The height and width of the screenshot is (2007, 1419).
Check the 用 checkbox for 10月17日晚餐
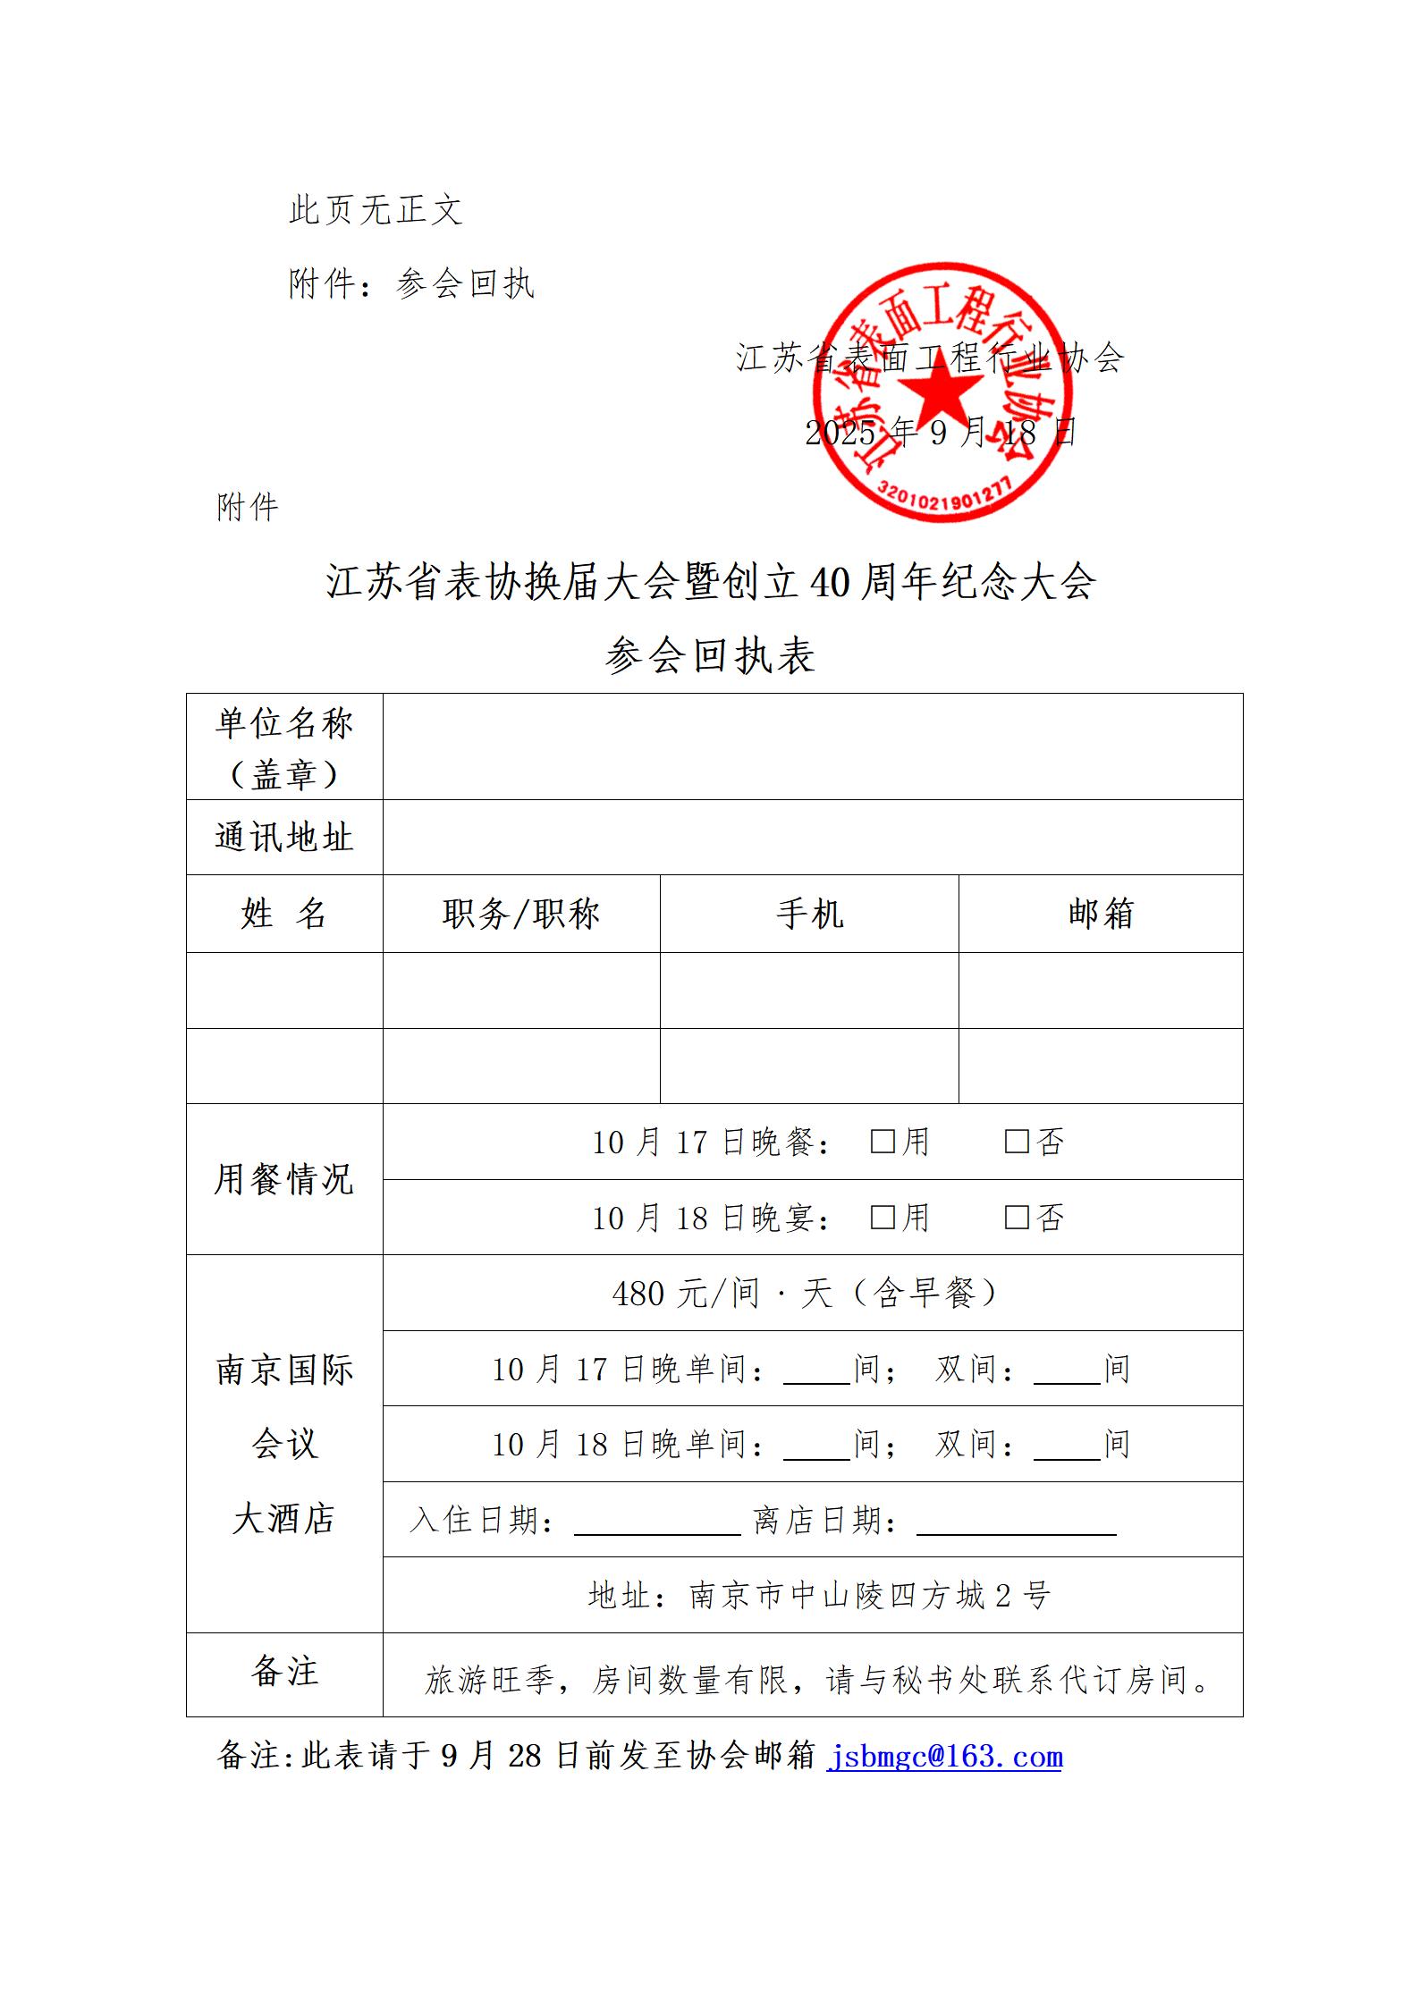[x=883, y=1142]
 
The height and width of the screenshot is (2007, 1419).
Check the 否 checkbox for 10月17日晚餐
[x=1017, y=1142]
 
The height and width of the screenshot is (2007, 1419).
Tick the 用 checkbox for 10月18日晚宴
[x=883, y=1217]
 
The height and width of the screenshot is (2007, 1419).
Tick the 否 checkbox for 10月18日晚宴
[x=1017, y=1217]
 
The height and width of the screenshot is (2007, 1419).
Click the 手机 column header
[x=809, y=914]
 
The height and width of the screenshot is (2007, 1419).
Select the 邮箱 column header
[x=1101, y=914]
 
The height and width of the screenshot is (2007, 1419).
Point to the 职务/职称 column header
[x=521, y=914]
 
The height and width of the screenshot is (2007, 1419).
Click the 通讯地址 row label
[x=284, y=838]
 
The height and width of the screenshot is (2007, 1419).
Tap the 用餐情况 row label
[x=284, y=1179]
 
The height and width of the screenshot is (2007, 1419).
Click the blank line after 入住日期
[x=657, y=1522]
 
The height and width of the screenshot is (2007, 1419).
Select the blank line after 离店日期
[x=1016, y=1522]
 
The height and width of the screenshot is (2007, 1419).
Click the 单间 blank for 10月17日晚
[x=816, y=1371]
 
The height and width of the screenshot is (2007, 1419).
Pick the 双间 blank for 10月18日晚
[x=1067, y=1446]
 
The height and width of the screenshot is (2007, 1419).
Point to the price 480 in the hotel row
[x=638, y=1294]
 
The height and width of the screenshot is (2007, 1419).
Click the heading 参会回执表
[x=710, y=655]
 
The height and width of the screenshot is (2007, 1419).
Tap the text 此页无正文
[x=376, y=211]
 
